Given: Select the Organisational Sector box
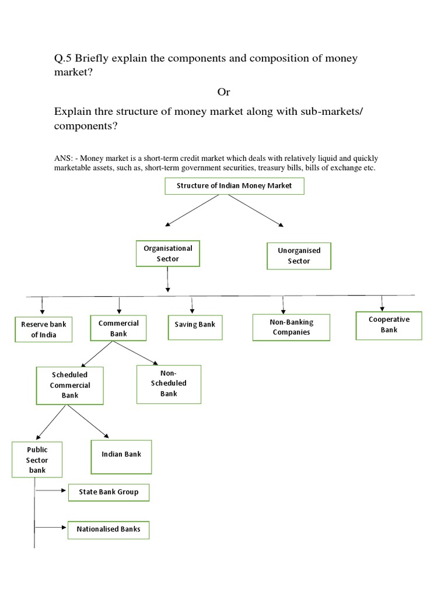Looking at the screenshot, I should point(168,254).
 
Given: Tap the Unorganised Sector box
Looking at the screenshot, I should point(299,256).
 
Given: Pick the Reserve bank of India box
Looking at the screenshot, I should point(43,329).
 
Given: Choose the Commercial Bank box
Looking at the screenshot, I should point(118,328).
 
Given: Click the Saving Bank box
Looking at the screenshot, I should point(195,324).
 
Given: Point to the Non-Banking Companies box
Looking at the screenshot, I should point(291,327).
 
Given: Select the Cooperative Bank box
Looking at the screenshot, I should point(389,325).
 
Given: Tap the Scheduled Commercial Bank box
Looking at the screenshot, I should point(69,385).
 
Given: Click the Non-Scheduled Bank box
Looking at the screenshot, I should point(169,384).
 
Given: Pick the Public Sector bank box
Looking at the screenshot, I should point(37,459).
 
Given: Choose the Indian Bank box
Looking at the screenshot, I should point(121,454).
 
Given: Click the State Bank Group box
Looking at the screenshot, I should point(108,492).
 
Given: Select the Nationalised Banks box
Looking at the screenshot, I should point(108,530).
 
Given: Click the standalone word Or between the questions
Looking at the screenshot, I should point(224,93).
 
